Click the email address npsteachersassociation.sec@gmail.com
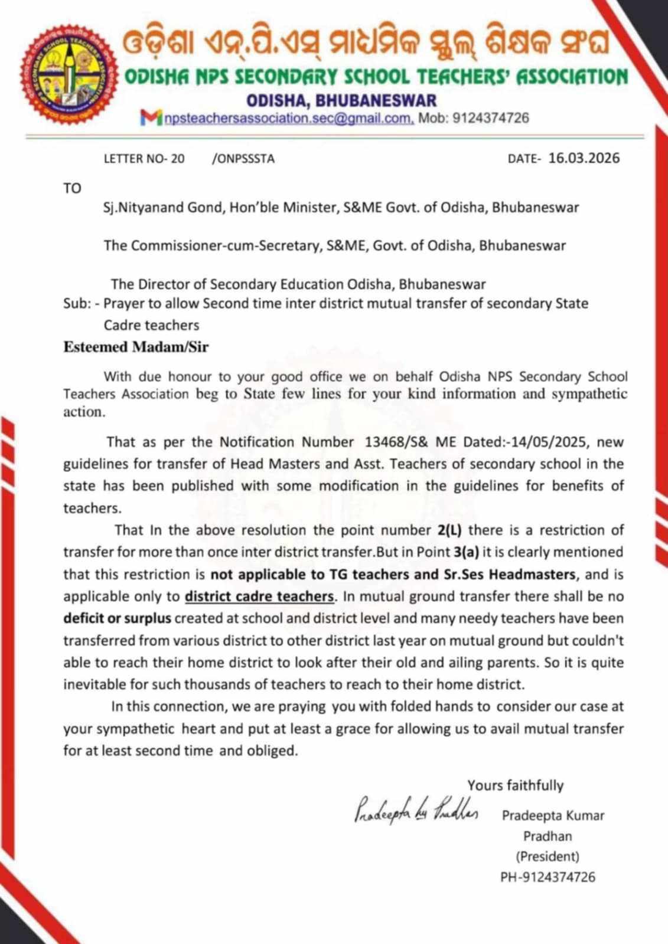point(289,118)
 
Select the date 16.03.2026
point(584,158)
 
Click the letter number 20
point(177,159)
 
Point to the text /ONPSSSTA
point(243,159)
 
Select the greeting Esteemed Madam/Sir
point(136,347)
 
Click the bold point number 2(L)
point(449,530)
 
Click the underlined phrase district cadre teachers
point(259,596)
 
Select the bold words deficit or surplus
point(117,619)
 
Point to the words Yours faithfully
point(515,785)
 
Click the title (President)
point(547,857)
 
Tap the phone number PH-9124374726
point(547,877)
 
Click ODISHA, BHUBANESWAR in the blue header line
point(341,100)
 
